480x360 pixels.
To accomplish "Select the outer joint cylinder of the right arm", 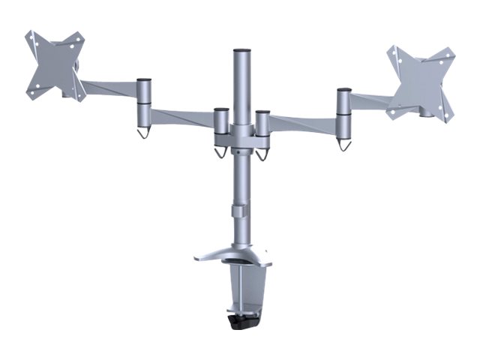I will [x=343, y=112].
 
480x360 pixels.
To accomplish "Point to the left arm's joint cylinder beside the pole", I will [x=221, y=126].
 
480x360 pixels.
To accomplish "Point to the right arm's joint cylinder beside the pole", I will [x=262, y=127].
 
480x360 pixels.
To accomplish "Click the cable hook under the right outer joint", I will [x=344, y=144].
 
